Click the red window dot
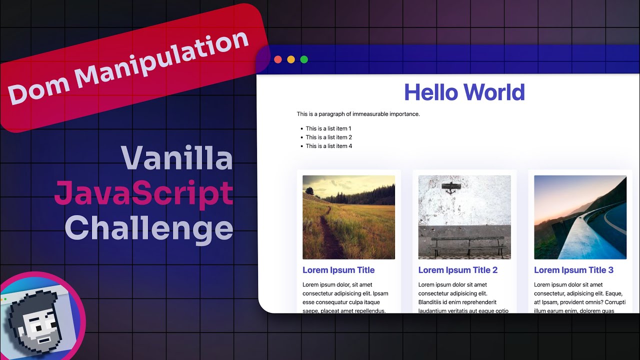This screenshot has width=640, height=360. tap(278, 60)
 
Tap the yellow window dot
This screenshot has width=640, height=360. tap(291, 60)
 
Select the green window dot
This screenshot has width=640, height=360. tap(304, 60)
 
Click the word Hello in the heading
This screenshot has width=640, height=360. tap(430, 92)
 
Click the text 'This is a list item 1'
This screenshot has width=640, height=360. tap(328, 128)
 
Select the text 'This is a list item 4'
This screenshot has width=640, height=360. tap(328, 146)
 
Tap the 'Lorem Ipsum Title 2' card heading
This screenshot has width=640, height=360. tap(457, 270)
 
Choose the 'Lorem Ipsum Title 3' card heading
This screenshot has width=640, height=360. tap(573, 270)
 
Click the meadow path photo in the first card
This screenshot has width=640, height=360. tap(348, 217)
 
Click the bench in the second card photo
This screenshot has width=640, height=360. tap(467, 246)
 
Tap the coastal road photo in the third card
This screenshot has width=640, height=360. tap(580, 217)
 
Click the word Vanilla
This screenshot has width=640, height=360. tap(177, 158)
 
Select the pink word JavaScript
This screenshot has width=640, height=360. tap(144, 193)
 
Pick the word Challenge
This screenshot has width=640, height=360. tap(149, 228)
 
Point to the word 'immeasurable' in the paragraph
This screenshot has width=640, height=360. tap(369, 114)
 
